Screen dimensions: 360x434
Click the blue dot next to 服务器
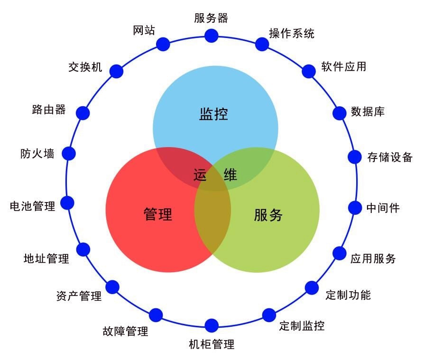coord(211,35)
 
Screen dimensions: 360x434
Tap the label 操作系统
coord(291,34)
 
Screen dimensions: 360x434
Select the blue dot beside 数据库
coord(340,113)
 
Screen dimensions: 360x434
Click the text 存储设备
coord(389,157)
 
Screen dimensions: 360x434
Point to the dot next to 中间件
coord(355,207)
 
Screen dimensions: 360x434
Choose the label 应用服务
coord(373,258)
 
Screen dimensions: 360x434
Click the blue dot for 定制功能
coord(312,287)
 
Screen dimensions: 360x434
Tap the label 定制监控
coord(302,326)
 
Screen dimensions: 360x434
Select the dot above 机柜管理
coord(212,325)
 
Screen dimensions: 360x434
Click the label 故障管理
coord(125,331)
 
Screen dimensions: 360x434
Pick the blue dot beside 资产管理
coord(112,287)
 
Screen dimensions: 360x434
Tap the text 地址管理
coord(46,258)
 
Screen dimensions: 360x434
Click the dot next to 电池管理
coord(67,203)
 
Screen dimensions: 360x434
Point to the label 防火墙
coord(37,154)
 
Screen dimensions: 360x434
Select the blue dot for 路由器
coord(83,112)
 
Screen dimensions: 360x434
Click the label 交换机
coord(85,67)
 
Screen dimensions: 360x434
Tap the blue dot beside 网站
coord(163,44)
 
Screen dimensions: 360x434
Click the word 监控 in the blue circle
coord(213,114)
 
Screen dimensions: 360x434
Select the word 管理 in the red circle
coord(157,215)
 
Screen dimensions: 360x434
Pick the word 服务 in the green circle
coord(268,215)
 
